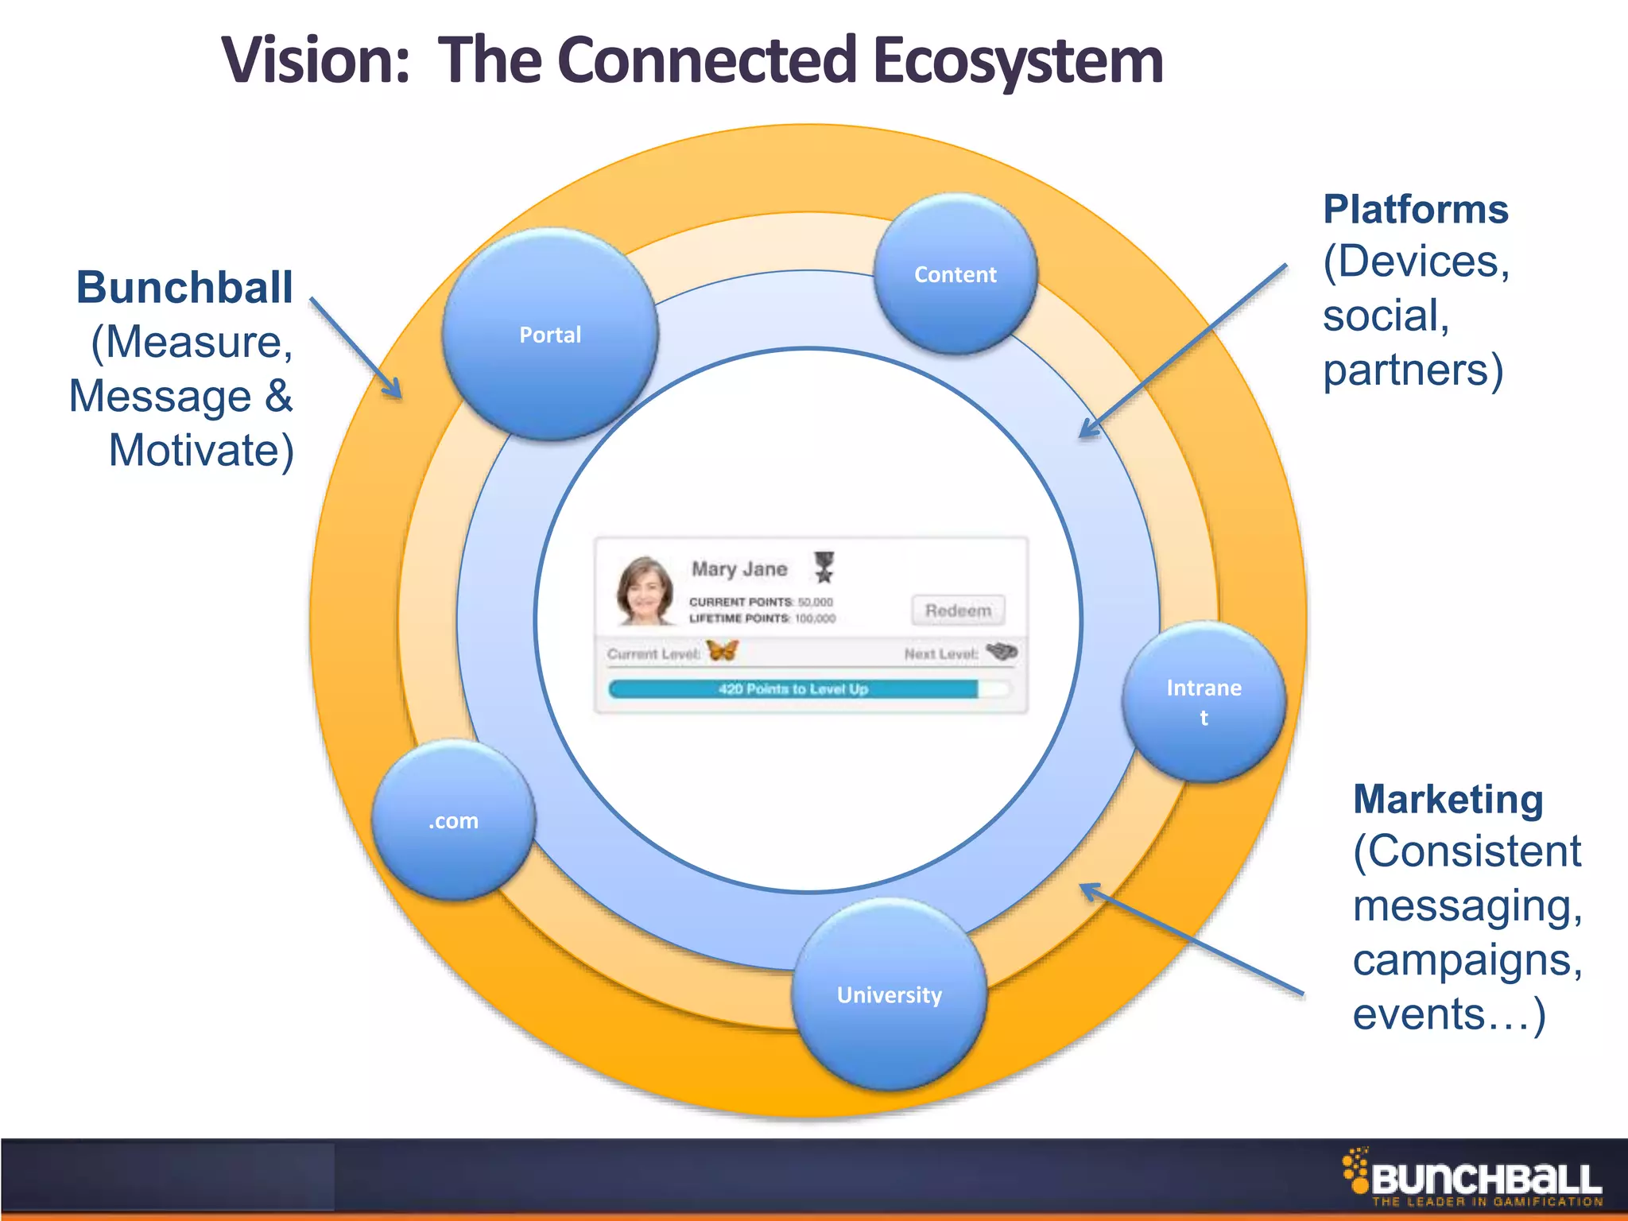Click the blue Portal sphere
point(550,335)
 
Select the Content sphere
point(955,274)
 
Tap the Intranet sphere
point(1204,701)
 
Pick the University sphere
point(890,994)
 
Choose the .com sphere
point(454,820)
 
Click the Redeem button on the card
point(958,610)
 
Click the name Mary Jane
point(739,569)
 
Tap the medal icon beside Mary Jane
point(824,567)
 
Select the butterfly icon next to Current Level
point(723,651)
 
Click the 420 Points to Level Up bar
point(793,688)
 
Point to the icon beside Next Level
point(1002,652)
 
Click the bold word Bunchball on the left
point(184,287)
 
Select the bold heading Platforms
point(1415,210)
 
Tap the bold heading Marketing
point(1448,799)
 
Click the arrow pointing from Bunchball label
point(355,347)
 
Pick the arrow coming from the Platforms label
point(1183,351)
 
